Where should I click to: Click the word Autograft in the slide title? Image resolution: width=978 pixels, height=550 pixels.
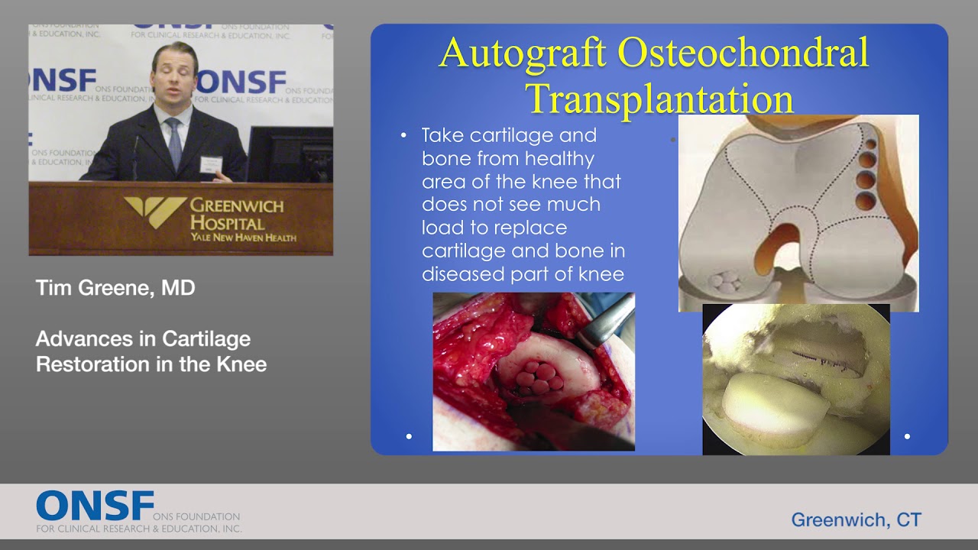click(523, 53)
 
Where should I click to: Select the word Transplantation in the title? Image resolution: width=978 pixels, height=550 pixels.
click(659, 99)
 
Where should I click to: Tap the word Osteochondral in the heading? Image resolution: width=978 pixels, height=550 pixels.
click(743, 53)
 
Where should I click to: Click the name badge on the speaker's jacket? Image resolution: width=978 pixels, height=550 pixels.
click(209, 163)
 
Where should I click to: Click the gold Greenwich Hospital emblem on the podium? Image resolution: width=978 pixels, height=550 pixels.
click(155, 212)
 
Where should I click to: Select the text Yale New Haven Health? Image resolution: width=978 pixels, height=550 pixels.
click(244, 238)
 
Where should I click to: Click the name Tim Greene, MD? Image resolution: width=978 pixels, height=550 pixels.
click(115, 288)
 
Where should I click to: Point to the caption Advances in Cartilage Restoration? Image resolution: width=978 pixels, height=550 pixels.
click(151, 351)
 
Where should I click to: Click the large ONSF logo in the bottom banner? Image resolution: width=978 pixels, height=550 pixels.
click(95, 506)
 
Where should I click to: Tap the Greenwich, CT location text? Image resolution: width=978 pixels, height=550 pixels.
click(856, 520)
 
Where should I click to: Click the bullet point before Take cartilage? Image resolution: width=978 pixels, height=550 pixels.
click(404, 136)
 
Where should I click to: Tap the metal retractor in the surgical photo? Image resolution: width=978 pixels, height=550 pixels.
click(607, 321)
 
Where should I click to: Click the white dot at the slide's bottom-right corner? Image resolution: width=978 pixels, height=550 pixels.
click(907, 436)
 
